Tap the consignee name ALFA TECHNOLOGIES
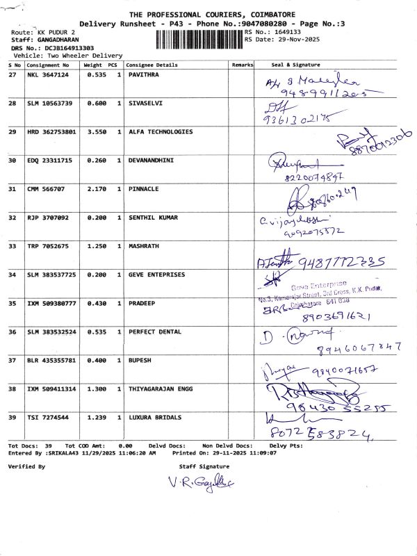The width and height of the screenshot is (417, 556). coord(161,131)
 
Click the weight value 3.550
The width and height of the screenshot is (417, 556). coord(96,131)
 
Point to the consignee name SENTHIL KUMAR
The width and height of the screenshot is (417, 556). coord(153,218)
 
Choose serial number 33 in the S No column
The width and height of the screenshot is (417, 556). coord(13,246)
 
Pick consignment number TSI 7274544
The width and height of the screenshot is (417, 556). coord(47,417)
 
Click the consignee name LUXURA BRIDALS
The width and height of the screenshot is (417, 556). coord(155,417)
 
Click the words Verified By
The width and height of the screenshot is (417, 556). coord(26,466)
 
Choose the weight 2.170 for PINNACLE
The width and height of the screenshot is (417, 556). coord(96,189)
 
